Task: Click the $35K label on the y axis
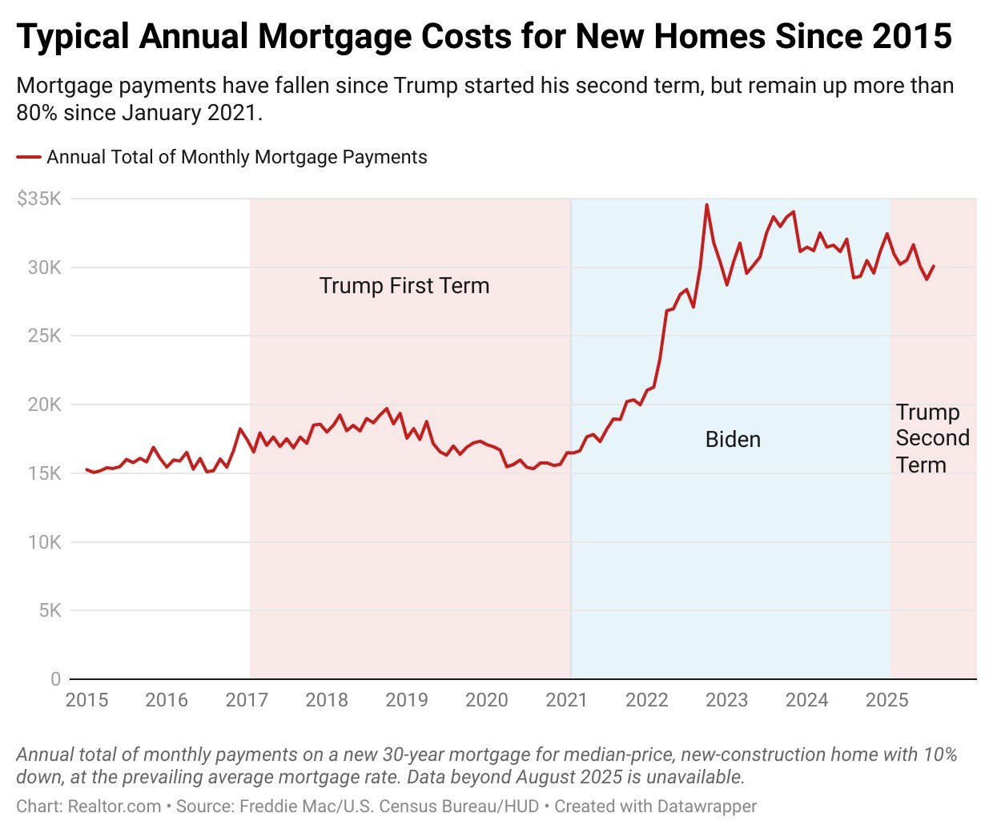39,199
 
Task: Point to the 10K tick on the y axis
44,542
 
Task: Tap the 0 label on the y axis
55,679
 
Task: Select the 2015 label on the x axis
86,700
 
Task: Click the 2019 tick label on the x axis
407,700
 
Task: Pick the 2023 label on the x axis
726,700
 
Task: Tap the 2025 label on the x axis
886,700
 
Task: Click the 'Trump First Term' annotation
404,286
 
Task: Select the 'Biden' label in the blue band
733,439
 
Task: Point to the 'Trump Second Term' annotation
932,438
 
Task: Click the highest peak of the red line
706,205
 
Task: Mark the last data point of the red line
934,266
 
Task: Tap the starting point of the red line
86,469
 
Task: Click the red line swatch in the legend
29,157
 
